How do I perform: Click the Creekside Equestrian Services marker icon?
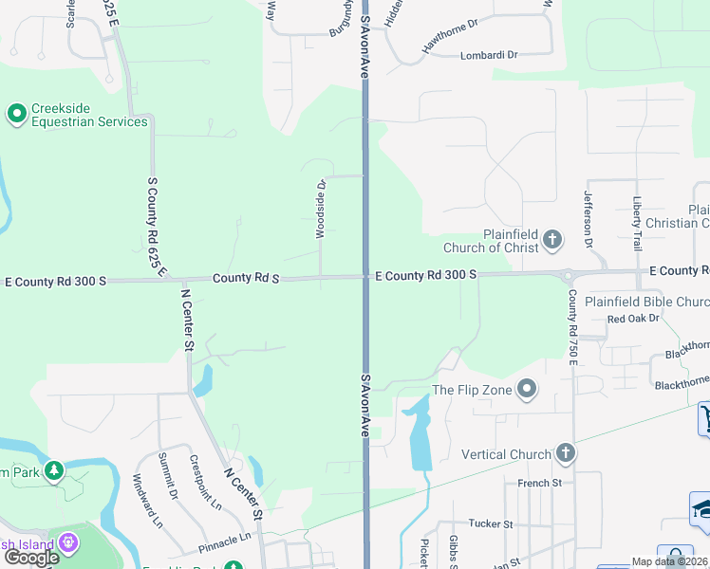tap(16, 115)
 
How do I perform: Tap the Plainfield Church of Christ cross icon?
tap(553, 241)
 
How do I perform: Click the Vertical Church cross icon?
tap(566, 453)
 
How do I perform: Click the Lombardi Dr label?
tap(489, 55)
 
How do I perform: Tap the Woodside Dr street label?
tap(321, 208)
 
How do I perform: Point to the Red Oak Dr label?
tap(633, 319)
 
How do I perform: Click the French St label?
tap(540, 483)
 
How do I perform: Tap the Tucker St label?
tap(490, 523)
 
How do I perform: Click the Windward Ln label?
tap(147, 500)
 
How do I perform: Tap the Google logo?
tap(31, 558)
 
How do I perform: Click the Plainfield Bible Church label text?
tap(646, 303)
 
